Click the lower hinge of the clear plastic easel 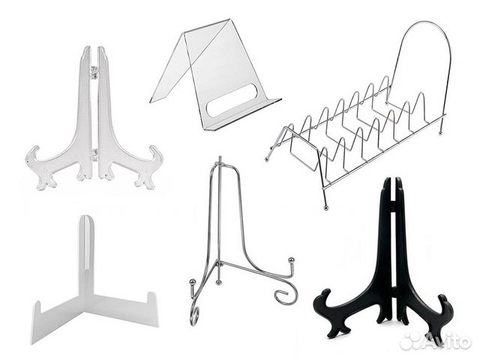[94, 154]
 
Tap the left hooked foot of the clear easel [40, 166]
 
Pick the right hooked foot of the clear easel [149, 166]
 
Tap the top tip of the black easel [392, 181]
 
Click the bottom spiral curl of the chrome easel [195, 316]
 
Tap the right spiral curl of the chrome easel [286, 295]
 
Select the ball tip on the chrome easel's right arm [292, 260]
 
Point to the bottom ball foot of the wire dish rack [325, 208]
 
